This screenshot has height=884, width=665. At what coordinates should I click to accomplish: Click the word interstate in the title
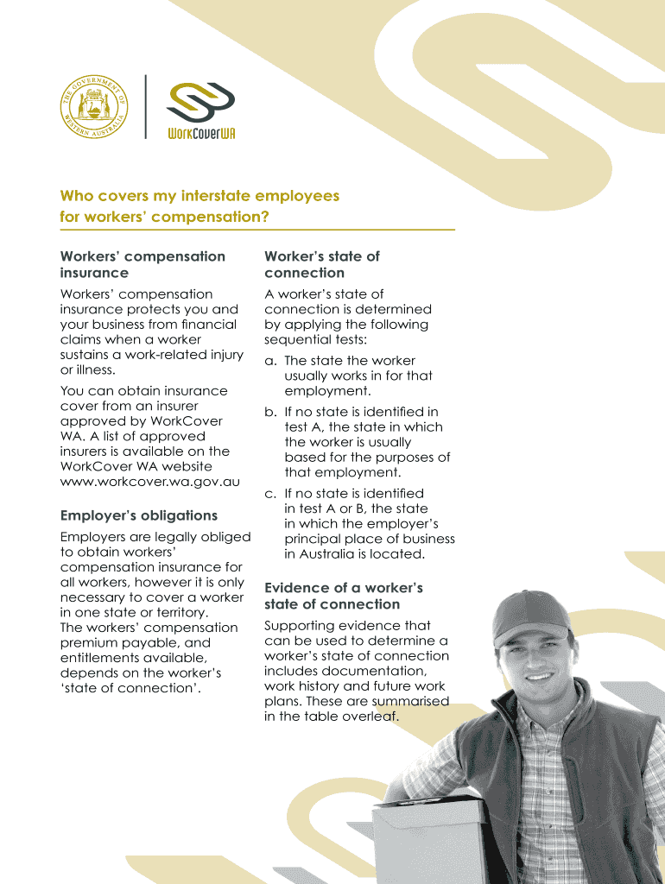coord(234,196)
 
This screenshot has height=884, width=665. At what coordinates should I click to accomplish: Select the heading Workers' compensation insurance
coord(142,264)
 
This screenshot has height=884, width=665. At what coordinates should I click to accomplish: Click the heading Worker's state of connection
coord(321,264)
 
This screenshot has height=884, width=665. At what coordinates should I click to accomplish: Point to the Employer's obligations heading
coord(138,515)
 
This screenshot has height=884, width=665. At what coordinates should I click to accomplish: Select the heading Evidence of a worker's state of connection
coord(343,596)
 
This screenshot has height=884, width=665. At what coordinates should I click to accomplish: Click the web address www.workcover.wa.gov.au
coord(149,482)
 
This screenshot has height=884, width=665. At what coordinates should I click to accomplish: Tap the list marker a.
coord(270,361)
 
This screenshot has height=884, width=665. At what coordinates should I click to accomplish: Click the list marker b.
coord(270,412)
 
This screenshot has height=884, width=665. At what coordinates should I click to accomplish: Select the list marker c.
coord(270,494)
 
